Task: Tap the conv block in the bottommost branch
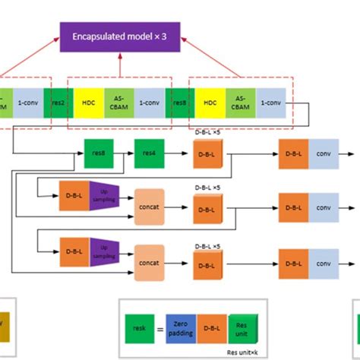click(324, 262)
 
